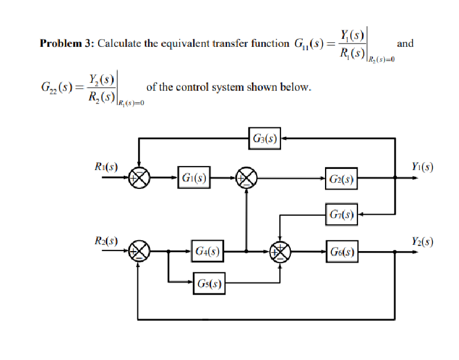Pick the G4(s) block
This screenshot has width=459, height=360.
coord(208,250)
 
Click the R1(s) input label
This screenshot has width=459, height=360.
coord(106,167)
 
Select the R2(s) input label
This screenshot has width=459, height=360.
coord(106,241)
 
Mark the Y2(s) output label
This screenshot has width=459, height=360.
coord(421,241)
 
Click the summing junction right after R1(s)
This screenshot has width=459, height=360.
coord(140,178)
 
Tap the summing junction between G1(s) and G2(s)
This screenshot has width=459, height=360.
coord(247,178)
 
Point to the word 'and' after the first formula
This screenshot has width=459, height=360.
coord(405,43)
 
